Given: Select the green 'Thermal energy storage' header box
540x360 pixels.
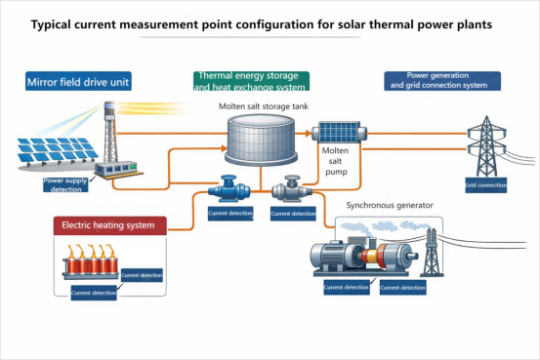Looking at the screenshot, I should click(x=252, y=81).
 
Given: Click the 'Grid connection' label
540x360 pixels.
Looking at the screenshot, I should click(x=485, y=184).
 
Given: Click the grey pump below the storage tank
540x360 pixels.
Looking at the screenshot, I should click(x=290, y=188).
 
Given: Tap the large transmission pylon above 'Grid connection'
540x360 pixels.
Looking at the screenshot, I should click(x=484, y=144).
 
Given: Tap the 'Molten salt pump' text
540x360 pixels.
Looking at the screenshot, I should click(x=336, y=160).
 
